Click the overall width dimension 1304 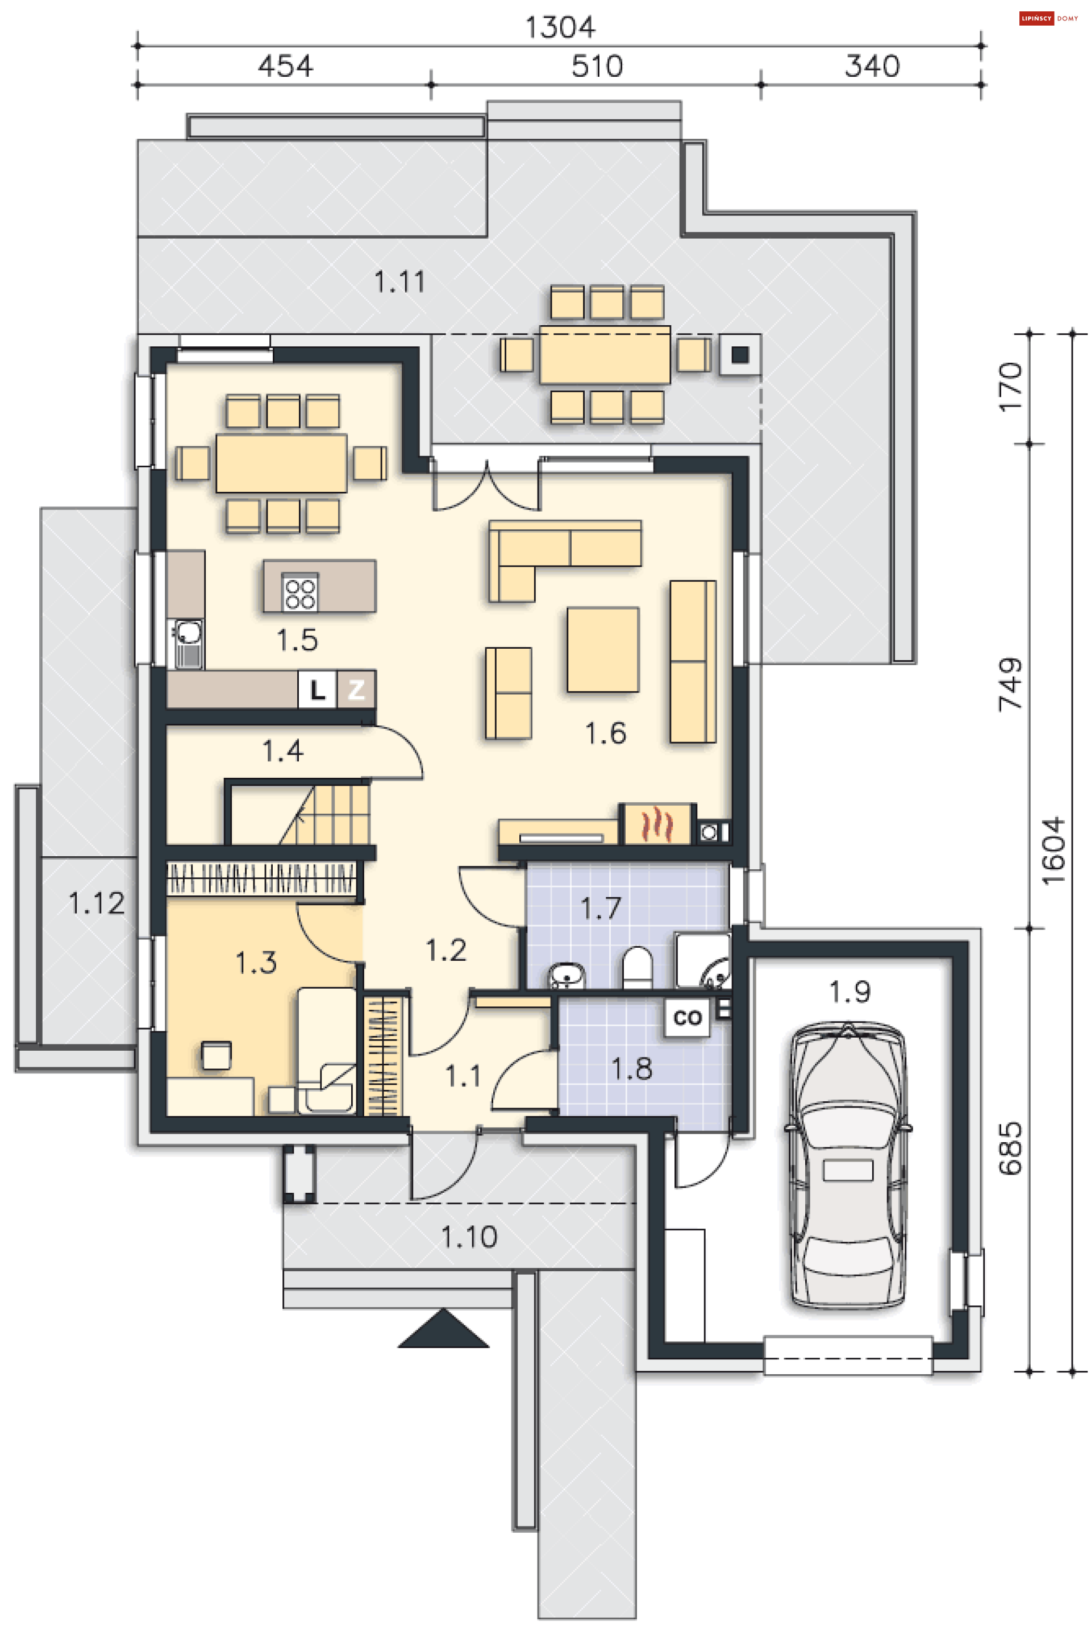pyautogui.click(x=560, y=27)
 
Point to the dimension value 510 pyautogui.click(x=597, y=66)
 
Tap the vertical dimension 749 pyautogui.click(x=1010, y=684)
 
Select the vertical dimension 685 pyautogui.click(x=1010, y=1148)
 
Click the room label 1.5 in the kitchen pyautogui.click(x=297, y=640)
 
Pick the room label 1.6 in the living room pyautogui.click(x=605, y=733)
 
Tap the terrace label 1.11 pyautogui.click(x=399, y=282)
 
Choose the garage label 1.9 pyautogui.click(x=850, y=992)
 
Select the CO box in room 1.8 pyautogui.click(x=688, y=1018)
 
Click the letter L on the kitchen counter pyautogui.click(x=317, y=689)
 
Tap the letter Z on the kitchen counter pyautogui.click(x=356, y=689)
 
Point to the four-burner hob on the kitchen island pyautogui.click(x=301, y=593)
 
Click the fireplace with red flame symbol pyautogui.click(x=657, y=824)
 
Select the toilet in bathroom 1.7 pyautogui.click(x=636, y=967)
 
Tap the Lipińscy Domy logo pyautogui.click(x=1048, y=19)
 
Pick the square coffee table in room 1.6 pyautogui.click(x=602, y=649)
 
